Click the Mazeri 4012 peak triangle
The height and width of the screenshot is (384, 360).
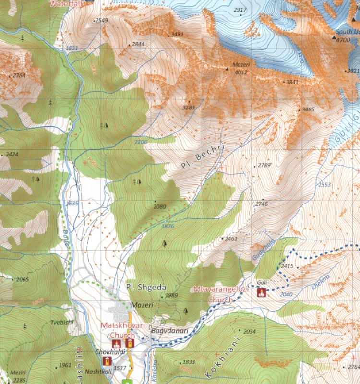coord(227,69)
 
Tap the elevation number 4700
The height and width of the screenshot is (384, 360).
coord(343,40)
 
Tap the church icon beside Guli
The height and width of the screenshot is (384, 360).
coord(262,292)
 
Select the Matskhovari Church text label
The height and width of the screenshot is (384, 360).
coord(117,330)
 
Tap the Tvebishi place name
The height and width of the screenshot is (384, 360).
coord(60,322)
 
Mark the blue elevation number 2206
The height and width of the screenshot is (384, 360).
coord(140,143)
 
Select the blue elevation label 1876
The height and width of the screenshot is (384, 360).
coord(168,226)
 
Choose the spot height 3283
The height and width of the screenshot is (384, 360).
coord(189,108)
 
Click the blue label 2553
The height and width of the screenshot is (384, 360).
coord(324,185)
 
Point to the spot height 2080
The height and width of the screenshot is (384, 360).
coord(159,207)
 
